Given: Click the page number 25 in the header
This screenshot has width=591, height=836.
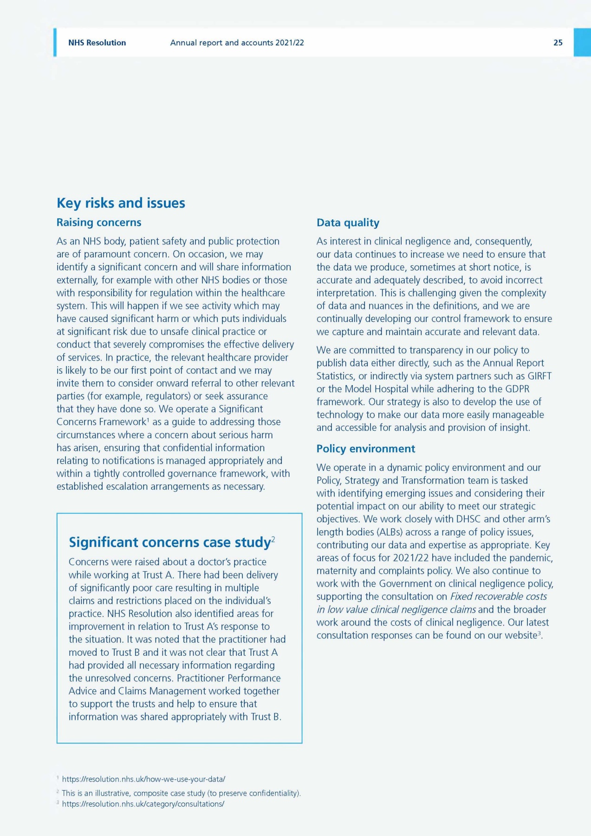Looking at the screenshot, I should [x=558, y=43].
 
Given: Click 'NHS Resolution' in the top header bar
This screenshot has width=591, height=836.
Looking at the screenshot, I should [x=97, y=43].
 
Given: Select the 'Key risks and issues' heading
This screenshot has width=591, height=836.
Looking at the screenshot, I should [x=121, y=203].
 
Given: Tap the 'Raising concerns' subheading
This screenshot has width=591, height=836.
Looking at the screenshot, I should [x=99, y=222].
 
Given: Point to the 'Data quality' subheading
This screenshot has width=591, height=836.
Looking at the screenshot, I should [x=348, y=223].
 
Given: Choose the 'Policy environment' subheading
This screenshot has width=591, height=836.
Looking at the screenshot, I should [x=366, y=449].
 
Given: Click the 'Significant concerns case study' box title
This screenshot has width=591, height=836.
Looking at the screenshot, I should [x=170, y=542].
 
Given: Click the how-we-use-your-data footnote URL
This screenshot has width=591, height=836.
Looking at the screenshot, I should [x=143, y=779].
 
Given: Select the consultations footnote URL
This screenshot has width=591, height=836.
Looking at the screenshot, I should [x=143, y=804].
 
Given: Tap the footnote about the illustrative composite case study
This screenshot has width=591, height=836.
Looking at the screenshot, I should [x=181, y=793].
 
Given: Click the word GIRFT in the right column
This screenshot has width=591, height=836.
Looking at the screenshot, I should [x=539, y=376].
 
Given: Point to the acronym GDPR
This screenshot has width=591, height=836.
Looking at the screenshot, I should [x=517, y=389].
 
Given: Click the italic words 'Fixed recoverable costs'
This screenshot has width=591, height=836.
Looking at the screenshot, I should [x=499, y=596].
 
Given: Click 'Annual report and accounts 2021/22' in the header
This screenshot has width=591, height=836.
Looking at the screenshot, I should [x=237, y=43].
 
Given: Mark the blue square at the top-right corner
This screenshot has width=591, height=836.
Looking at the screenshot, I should [x=582, y=43].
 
